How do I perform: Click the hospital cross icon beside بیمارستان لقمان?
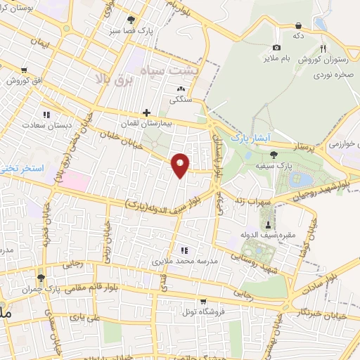click(147, 112)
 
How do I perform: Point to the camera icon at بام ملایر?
click(276, 47)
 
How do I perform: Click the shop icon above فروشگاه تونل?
click(202, 301)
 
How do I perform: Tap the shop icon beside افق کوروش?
click(25, 70)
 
